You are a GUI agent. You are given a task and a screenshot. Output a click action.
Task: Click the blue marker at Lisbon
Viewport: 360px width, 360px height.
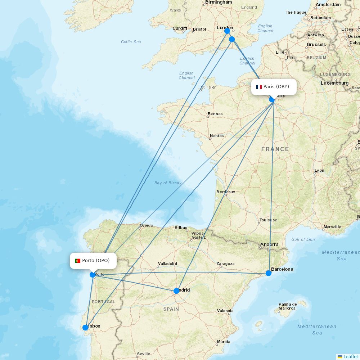point(85,327)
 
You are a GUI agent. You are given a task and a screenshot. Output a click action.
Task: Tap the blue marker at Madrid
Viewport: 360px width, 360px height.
point(176,291)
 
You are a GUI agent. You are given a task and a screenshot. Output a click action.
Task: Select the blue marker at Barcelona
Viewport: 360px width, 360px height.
point(269,273)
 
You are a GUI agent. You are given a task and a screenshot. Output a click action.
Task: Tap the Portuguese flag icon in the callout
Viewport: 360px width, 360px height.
point(78,261)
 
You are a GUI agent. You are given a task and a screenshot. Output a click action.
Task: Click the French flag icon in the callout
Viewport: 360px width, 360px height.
point(259,87)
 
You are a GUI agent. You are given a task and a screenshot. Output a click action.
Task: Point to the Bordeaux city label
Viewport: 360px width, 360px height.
point(226,192)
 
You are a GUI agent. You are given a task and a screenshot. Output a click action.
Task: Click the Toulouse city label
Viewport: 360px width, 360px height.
point(268,220)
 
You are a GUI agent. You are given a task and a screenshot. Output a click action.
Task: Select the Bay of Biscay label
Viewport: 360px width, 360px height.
point(168,183)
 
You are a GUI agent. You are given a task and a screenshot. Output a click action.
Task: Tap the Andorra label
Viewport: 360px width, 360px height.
point(269,244)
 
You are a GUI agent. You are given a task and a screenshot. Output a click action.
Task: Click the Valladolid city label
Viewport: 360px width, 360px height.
point(168,264)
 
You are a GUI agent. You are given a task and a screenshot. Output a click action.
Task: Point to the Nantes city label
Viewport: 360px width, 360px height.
point(217,136)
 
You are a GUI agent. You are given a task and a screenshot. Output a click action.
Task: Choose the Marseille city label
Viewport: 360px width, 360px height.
point(332,227)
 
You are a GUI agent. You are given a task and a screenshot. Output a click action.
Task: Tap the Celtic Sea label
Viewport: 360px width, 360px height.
point(131,42)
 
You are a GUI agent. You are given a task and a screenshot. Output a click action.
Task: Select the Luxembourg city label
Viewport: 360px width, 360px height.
point(334,83)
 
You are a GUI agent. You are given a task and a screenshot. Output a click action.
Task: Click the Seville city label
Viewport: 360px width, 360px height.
point(143,354)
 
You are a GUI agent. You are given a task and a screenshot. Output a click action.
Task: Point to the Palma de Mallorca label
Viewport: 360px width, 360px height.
point(287,306)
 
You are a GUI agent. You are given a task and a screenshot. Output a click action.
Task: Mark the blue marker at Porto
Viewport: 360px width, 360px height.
point(93,275)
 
